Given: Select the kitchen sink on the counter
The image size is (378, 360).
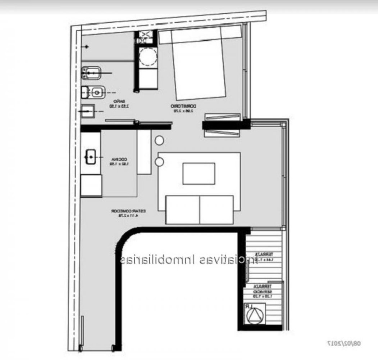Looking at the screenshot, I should tap(91, 157).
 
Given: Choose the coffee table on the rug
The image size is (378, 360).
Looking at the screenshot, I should tap(199, 174).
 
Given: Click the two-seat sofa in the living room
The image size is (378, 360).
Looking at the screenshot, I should tap(199, 210).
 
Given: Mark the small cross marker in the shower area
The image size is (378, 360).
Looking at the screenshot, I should tap(86, 47).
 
